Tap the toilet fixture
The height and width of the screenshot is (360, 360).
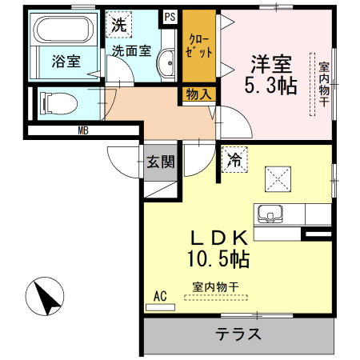(58, 103)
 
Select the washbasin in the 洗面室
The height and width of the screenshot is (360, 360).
(166, 62)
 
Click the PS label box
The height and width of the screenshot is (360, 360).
(170, 17)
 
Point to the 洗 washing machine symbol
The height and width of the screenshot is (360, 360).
(119, 25)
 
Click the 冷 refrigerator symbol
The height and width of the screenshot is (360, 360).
(234, 159)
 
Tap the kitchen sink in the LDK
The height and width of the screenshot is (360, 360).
(270, 214)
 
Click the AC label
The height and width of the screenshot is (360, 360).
(160, 296)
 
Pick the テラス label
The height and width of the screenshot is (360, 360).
(238, 334)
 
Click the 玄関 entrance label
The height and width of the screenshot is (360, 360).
(161, 162)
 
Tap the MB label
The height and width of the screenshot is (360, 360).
(83, 130)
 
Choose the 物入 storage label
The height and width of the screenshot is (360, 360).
(199, 94)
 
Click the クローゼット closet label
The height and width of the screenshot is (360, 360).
(199, 46)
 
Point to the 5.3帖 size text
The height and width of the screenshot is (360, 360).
(270, 86)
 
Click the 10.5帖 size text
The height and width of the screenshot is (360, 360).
(218, 258)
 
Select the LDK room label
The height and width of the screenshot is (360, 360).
(219, 238)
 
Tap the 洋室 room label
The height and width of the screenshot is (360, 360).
(271, 64)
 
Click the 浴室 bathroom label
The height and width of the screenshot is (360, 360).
(66, 61)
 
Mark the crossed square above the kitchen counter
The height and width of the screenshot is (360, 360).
(278, 179)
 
